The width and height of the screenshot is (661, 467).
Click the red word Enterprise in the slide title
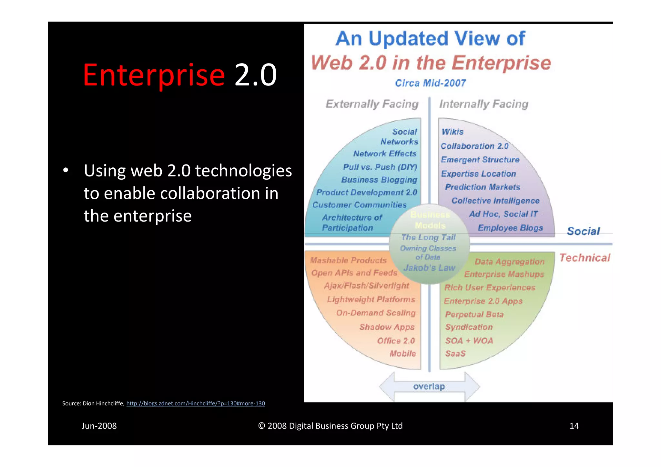[x=154, y=75]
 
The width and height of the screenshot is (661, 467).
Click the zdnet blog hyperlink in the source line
[x=195, y=403]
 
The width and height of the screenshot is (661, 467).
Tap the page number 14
[x=574, y=426]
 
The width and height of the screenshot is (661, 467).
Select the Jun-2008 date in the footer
[x=99, y=426]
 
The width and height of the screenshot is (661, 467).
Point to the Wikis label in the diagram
[x=452, y=132]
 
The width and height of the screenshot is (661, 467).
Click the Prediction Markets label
[x=482, y=187]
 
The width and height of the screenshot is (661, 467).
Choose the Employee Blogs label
[x=510, y=228]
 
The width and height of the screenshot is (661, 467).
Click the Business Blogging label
[x=379, y=180]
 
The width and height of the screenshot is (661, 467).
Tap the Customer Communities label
[x=359, y=205]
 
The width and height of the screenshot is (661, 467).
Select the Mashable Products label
[x=348, y=260]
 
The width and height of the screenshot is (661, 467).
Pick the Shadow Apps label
[x=387, y=327]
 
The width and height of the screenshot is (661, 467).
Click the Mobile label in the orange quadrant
[x=402, y=353]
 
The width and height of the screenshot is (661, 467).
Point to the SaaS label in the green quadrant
[x=455, y=353]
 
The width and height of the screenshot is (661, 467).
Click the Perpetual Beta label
[x=474, y=314]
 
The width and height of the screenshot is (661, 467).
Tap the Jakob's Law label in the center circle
[x=429, y=268]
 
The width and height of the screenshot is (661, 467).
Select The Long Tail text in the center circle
[x=428, y=237]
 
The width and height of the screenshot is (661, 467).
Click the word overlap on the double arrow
[x=429, y=386]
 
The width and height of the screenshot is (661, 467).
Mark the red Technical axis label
[x=585, y=258]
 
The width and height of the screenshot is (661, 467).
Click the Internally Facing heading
[x=483, y=104]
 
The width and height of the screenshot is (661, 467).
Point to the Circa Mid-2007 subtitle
[x=430, y=83]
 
